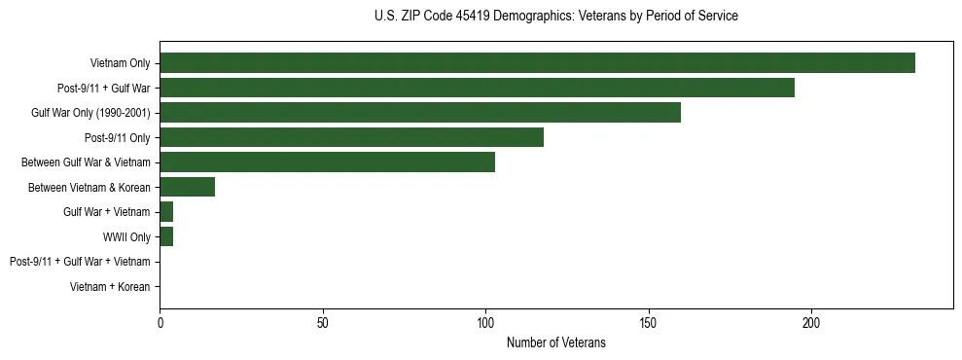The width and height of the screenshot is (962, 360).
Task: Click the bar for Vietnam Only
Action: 537,63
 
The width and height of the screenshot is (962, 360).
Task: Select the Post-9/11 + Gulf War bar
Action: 477,88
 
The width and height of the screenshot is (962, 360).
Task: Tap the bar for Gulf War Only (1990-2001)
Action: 420,113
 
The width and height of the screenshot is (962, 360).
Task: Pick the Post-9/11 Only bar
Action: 351,137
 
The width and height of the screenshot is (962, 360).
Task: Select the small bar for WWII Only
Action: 166,236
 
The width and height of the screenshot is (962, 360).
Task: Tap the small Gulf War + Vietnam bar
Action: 166,212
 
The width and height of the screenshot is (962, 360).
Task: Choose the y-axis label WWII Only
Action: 126,236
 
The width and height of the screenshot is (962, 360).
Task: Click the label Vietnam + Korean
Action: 110,287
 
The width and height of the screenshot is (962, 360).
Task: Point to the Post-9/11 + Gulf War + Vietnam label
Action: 80,262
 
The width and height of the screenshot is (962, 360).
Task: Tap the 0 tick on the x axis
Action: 160,323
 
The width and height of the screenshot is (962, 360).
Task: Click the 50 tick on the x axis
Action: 323,323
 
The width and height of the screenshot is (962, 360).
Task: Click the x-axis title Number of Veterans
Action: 555,342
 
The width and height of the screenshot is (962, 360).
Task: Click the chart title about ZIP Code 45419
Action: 555,17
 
